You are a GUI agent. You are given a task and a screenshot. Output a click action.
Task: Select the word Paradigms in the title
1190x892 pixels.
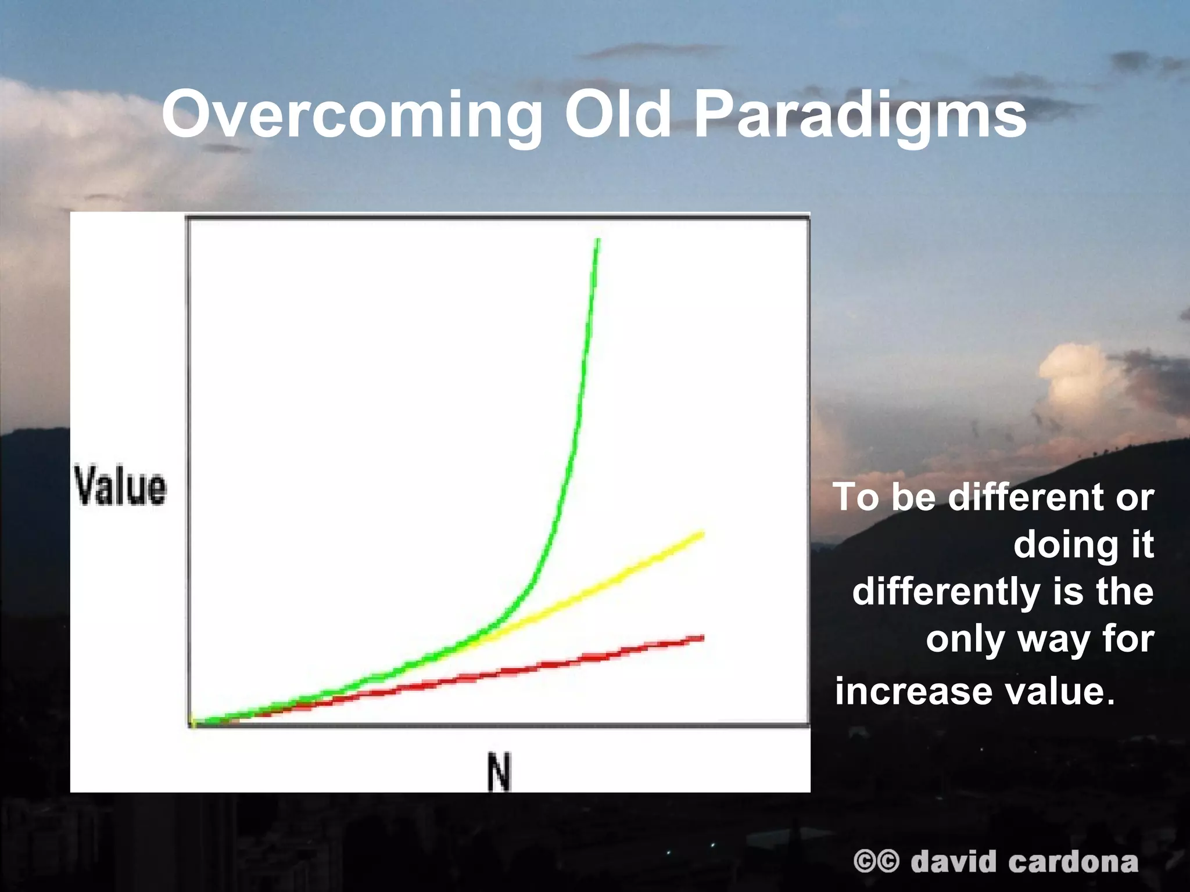click(x=860, y=116)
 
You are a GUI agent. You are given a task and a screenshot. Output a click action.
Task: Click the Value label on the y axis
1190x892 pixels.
click(x=120, y=487)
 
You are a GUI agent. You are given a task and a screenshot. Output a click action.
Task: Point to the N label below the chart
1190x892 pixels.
click(x=499, y=772)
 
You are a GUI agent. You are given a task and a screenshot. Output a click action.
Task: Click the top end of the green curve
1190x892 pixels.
click(x=598, y=240)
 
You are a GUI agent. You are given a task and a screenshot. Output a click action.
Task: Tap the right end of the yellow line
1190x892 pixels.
click(x=702, y=534)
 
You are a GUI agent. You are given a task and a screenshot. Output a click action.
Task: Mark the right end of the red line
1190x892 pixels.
click(x=702, y=638)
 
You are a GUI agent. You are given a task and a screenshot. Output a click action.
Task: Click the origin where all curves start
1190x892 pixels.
click(x=193, y=723)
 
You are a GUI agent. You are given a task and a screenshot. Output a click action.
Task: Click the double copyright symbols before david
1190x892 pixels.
click(x=876, y=861)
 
